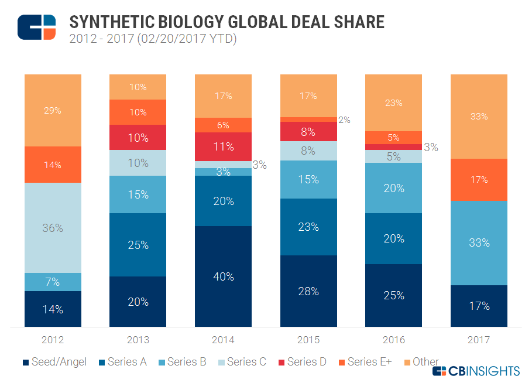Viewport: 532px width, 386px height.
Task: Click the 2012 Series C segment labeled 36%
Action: point(53,228)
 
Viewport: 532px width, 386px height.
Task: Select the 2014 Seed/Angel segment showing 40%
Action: point(223,276)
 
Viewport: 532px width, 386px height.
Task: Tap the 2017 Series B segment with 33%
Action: point(479,242)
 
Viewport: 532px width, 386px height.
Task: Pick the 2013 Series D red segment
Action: point(138,137)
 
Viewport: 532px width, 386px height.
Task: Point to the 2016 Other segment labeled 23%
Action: point(393,103)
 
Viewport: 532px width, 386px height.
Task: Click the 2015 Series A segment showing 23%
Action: point(308,227)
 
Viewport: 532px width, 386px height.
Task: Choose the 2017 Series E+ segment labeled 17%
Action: point(479,179)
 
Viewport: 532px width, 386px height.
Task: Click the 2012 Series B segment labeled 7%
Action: point(53,282)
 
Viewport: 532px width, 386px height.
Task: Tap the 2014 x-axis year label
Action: point(223,340)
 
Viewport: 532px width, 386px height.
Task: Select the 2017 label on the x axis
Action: point(479,340)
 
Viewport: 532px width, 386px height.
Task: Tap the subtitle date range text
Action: point(153,40)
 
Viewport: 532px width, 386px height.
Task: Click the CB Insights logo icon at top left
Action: point(36,27)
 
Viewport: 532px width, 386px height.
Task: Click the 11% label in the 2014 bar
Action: point(223,146)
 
